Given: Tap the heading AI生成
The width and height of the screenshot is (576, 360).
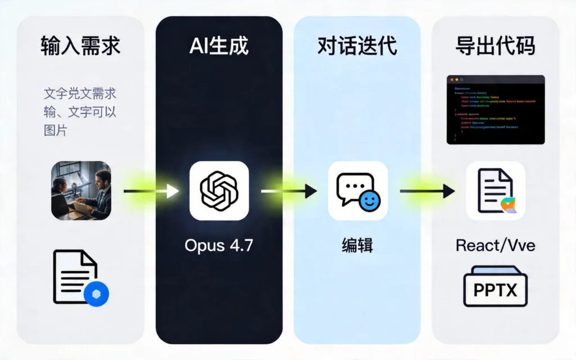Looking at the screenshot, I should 219,46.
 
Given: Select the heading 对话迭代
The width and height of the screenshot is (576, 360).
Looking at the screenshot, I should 357,46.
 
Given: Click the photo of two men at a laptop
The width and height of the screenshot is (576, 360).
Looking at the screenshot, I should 81,191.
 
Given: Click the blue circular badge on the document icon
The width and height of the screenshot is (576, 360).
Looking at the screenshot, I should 96,293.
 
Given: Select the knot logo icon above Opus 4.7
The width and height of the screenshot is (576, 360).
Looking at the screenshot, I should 219,191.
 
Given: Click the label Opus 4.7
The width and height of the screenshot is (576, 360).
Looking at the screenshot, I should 219,246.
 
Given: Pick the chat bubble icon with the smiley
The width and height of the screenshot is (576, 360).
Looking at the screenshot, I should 358,191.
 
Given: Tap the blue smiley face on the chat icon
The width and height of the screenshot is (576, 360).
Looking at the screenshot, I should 369,201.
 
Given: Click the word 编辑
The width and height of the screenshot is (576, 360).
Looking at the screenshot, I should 357,245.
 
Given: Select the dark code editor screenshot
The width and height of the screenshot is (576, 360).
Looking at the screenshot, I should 495,110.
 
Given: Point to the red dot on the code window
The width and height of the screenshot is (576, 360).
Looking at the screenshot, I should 450,80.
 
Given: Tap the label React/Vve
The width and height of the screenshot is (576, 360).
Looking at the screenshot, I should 495,245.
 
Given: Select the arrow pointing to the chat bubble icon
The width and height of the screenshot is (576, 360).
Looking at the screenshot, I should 289,191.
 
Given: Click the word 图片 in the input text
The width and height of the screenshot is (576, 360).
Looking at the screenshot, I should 55,130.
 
